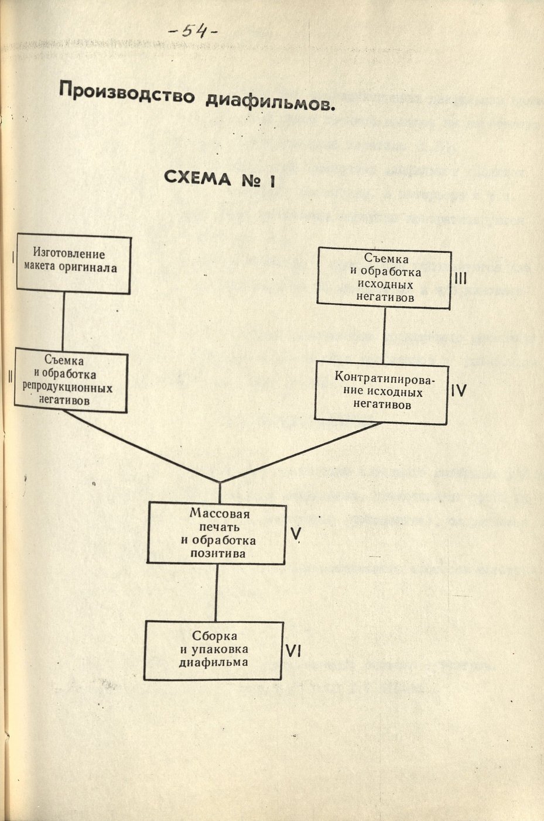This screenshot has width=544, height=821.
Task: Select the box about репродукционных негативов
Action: pyautogui.click(x=71, y=380)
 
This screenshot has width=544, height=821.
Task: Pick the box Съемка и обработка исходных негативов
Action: pyautogui.click(x=384, y=277)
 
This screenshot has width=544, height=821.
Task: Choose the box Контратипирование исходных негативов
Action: pyautogui.click(x=381, y=390)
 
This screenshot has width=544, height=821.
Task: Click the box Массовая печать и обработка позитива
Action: pyautogui.click(x=217, y=532)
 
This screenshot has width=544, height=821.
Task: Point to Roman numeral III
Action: pyautogui.click(x=460, y=279)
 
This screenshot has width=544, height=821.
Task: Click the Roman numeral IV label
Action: pyautogui.click(x=459, y=390)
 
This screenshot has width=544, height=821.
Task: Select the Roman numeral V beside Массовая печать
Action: pyautogui.click(x=296, y=533)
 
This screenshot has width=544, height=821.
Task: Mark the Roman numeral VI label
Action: pyautogui.click(x=296, y=650)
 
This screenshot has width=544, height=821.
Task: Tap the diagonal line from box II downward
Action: pyautogui.click(x=141, y=446)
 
